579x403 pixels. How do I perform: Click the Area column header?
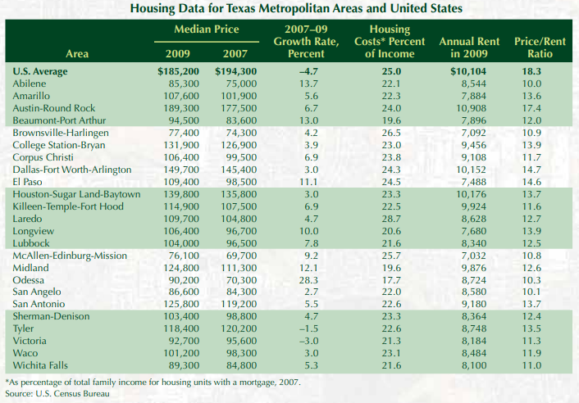click(x=77, y=54)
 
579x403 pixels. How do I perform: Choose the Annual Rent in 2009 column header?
click(x=471, y=48)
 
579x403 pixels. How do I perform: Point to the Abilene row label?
click(x=30, y=84)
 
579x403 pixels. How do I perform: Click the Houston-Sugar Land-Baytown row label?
click(x=76, y=194)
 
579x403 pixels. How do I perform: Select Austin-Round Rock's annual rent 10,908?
click(x=469, y=108)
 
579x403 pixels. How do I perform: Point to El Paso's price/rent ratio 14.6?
click(x=531, y=182)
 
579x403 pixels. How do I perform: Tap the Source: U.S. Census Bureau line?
click(x=57, y=394)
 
